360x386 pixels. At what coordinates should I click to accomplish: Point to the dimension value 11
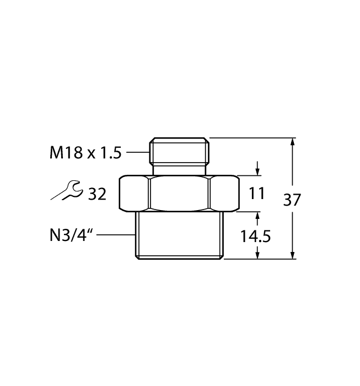point(257,194)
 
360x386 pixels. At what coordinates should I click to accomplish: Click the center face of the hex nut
point(179,194)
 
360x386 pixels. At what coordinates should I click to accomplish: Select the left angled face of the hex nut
point(135,194)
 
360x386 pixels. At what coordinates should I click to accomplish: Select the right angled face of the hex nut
point(224,194)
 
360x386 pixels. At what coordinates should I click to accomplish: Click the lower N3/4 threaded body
point(179,235)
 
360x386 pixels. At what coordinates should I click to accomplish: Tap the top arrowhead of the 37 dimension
point(292,142)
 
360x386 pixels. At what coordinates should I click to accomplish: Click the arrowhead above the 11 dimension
point(257,171)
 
